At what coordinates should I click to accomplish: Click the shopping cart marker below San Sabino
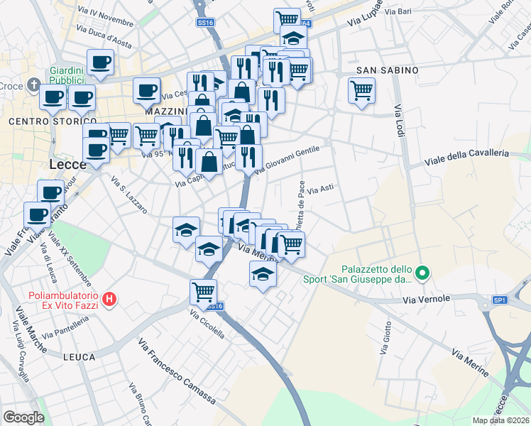pyautogui.click(x=362, y=91)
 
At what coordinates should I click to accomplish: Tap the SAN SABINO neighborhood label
pyautogui.click(x=387, y=70)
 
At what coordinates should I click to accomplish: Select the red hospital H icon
pyautogui.click(x=109, y=300)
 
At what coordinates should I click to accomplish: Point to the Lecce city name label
pyautogui.click(x=68, y=164)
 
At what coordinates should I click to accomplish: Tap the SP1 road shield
pyautogui.click(x=500, y=300)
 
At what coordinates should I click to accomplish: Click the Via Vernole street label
pyautogui.click(x=427, y=299)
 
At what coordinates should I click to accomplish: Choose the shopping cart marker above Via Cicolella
pyautogui.click(x=204, y=291)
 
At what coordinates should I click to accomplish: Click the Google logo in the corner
pyautogui.click(x=23, y=417)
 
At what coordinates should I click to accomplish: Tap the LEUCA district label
pyautogui.click(x=79, y=356)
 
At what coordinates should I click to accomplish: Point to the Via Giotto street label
pyautogui.click(x=386, y=344)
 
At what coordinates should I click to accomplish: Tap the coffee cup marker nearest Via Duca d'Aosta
pyautogui.click(x=100, y=62)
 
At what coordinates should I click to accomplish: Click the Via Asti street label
pyautogui.click(x=320, y=189)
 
